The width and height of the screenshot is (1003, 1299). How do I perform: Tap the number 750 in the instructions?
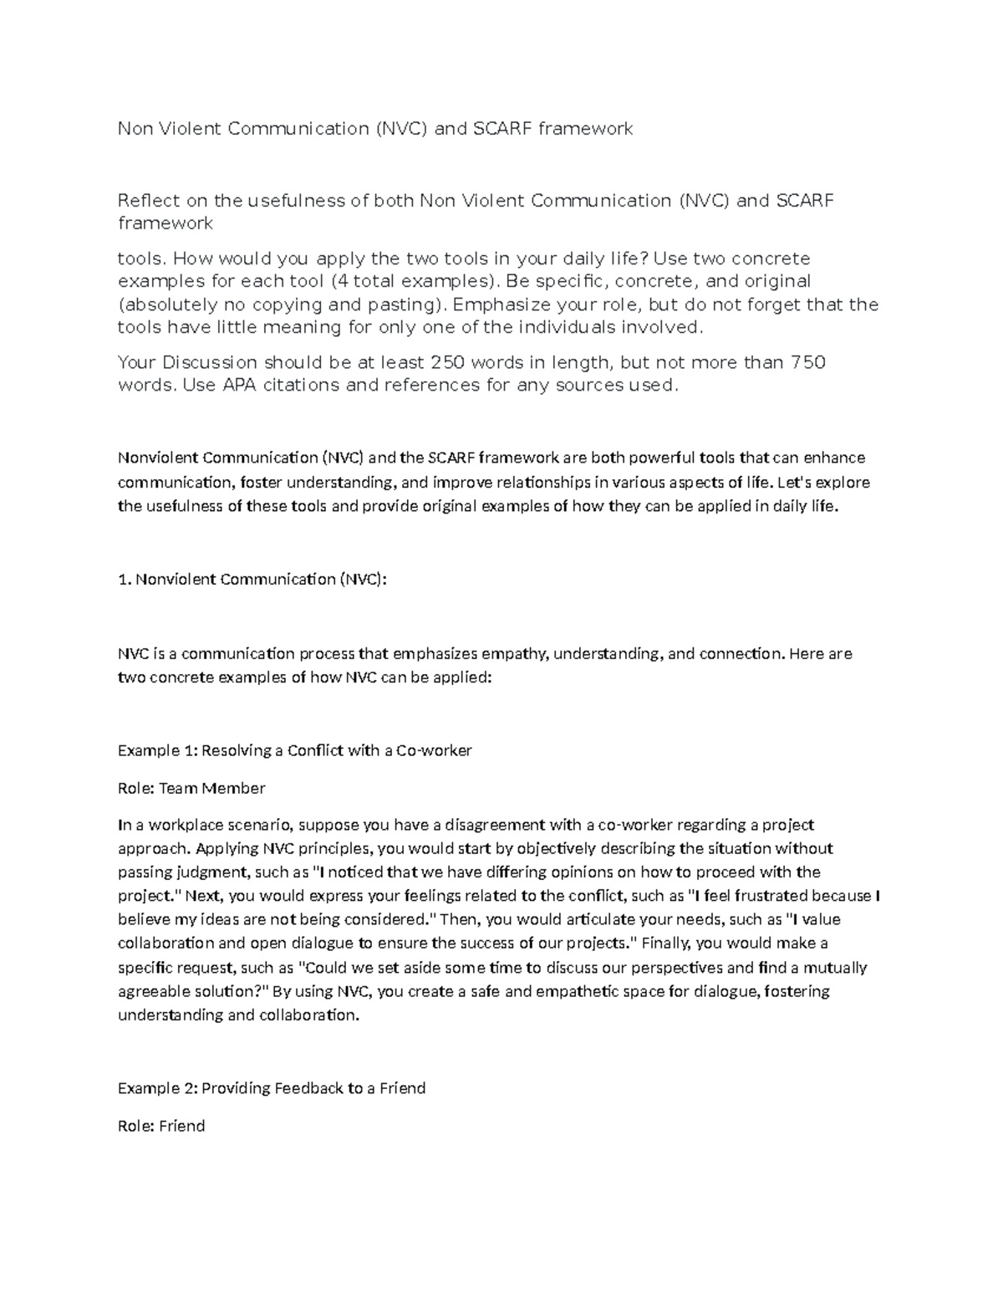(807, 362)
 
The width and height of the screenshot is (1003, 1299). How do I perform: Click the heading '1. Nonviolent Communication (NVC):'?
(252, 579)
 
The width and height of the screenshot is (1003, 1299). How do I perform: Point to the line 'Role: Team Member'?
(191, 788)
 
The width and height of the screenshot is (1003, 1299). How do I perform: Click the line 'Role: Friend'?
(161, 1126)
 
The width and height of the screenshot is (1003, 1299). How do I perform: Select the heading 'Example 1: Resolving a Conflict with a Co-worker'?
(294, 750)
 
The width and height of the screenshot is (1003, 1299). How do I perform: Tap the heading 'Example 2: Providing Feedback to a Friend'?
(272, 1088)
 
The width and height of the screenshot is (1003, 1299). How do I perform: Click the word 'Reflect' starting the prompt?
(149, 201)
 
